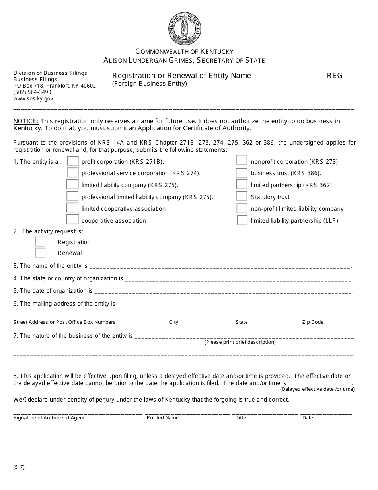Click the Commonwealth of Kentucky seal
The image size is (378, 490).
click(185, 28)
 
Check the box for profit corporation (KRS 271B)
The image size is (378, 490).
click(73, 161)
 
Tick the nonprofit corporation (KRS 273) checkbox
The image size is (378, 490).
click(242, 160)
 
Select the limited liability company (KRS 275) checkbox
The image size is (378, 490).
click(72, 184)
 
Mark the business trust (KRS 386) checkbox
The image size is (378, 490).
click(242, 173)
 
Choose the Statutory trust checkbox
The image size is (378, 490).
click(242, 196)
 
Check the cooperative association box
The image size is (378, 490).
click(72, 220)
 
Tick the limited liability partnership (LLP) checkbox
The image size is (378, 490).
click(242, 220)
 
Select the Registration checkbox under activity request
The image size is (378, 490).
click(41, 242)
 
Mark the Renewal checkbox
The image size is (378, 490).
click(41, 253)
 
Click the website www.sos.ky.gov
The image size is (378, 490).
click(33, 98)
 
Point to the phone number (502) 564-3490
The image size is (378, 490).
click(32, 92)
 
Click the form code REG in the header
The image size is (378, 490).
click(335, 76)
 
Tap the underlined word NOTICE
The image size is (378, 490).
click(26, 121)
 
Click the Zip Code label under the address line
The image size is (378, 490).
click(313, 322)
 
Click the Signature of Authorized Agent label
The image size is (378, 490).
click(49, 418)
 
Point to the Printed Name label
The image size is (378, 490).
click(163, 418)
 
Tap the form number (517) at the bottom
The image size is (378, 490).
click(19, 467)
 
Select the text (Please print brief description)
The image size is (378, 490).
click(240, 342)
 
